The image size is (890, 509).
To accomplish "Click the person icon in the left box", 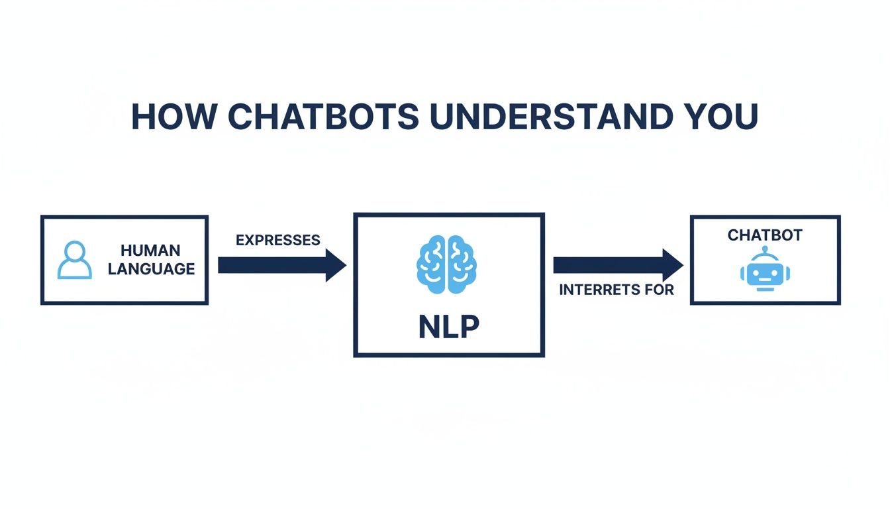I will click(75, 260).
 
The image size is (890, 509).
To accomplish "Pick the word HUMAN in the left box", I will click(150, 251).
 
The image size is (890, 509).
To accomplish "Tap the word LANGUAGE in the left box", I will click(151, 269).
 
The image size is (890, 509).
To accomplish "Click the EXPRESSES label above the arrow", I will click(278, 240).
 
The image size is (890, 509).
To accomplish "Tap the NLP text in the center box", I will click(449, 327).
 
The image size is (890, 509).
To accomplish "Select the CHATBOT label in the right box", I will click(765, 235).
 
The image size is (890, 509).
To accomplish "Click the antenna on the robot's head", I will click(765, 251).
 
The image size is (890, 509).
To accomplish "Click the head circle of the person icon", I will click(75, 251).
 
